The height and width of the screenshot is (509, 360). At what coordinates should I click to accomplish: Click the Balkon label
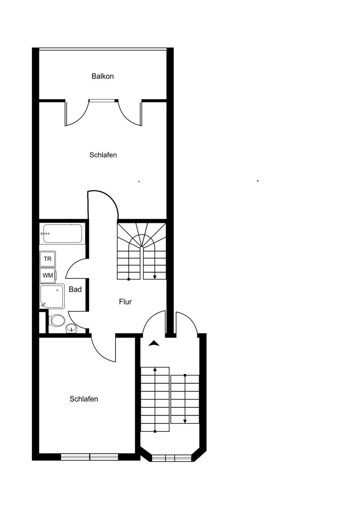(103, 76)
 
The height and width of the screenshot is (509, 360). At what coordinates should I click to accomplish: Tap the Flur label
(125, 302)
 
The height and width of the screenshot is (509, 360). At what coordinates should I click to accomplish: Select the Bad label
(75, 289)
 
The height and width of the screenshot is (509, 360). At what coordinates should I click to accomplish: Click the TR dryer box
(48, 259)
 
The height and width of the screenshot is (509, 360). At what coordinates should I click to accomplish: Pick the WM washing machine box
(48, 275)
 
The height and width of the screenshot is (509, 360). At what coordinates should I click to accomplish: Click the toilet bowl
(57, 321)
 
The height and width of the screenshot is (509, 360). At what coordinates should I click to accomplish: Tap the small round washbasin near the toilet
(72, 328)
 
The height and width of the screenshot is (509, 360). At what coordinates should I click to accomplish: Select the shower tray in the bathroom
(52, 296)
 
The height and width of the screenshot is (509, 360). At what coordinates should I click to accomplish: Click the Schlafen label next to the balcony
(103, 155)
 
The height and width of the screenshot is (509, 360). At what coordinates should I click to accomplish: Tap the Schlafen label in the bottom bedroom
(84, 399)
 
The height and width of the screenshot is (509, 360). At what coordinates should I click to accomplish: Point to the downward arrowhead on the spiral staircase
(155, 277)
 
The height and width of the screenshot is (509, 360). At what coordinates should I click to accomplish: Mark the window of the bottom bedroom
(90, 457)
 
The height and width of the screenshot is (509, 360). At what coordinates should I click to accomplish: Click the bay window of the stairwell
(172, 458)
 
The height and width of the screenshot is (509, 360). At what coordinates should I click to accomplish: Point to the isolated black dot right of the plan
(258, 181)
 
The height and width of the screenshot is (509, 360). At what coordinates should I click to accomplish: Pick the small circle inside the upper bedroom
(139, 182)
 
